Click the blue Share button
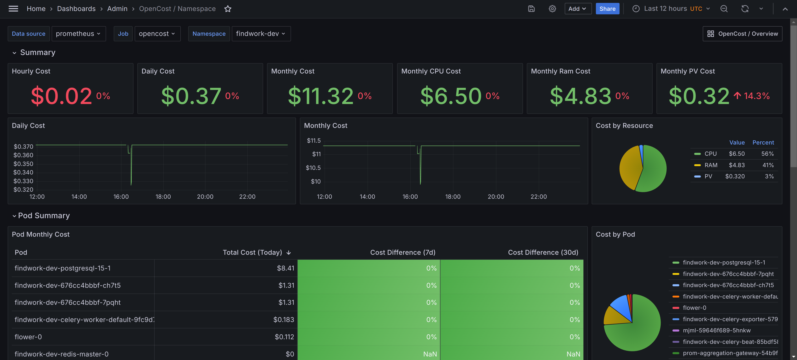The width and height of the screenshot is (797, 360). click(607, 9)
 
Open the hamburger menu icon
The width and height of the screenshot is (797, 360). click(13, 9)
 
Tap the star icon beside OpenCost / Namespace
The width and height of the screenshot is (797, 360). click(228, 9)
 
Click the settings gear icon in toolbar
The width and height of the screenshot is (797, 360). click(552, 9)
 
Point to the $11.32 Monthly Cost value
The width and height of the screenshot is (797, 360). click(320, 96)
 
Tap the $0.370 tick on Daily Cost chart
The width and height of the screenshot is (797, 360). click(23, 146)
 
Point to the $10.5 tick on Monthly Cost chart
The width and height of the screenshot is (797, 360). click(313, 168)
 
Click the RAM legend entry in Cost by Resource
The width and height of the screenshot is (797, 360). click(711, 165)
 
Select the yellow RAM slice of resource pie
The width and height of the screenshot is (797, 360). click(630, 167)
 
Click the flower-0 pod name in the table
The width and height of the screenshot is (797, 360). click(28, 337)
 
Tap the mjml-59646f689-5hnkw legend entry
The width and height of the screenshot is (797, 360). click(716, 330)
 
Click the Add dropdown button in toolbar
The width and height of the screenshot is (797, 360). click(578, 9)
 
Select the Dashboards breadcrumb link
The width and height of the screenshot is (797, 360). click(76, 9)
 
